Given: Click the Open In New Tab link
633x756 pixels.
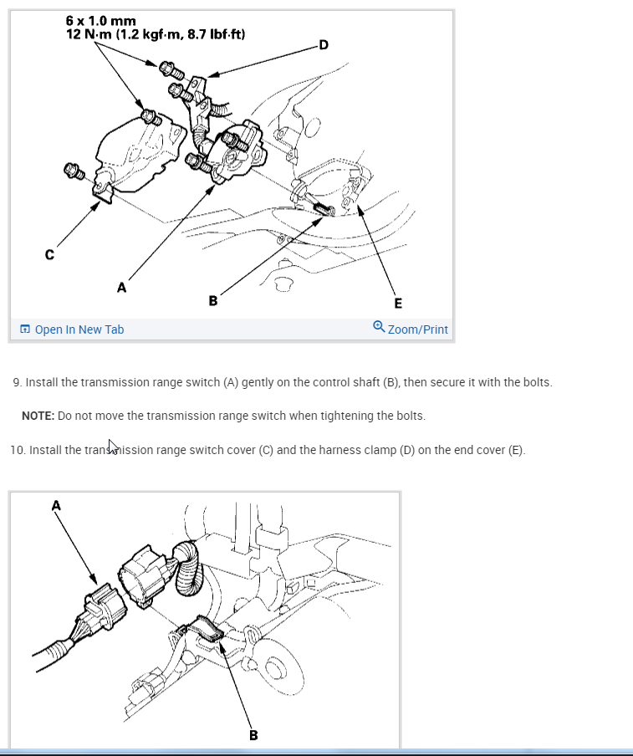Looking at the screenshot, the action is click(x=72, y=329).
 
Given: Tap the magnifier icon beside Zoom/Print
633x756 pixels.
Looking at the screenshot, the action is click(x=379, y=327).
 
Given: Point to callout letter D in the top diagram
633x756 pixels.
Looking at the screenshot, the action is click(x=324, y=45).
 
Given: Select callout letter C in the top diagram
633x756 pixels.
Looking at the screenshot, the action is click(x=49, y=254).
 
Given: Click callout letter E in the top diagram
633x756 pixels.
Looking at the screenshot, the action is click(x=398, y=304).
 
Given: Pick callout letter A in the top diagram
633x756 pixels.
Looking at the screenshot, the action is click(x=121, y=288).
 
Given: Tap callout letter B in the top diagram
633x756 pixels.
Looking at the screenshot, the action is click(x=213, y=301).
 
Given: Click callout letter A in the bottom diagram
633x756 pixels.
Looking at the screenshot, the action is click(x=56, y=506).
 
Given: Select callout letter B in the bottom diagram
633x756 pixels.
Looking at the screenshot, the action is click(x=253, y=735).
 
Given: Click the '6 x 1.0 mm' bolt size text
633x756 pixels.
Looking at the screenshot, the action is click(x=100, y=21).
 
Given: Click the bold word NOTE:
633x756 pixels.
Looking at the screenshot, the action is click(x=38, y=416).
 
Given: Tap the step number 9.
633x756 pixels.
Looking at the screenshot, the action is click(x=17, y=382).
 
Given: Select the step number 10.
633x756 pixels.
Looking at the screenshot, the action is click(x=18, y=450).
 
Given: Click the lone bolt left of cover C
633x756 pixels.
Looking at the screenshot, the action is click(x=74, y=171).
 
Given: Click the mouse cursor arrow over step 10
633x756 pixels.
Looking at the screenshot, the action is click(x=112, y=447).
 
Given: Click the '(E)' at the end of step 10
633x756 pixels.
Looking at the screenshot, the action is click(x=517, y=450).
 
